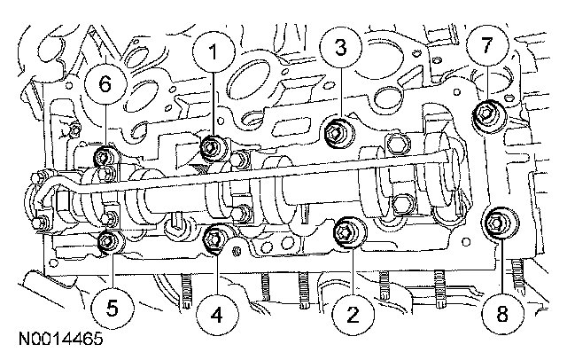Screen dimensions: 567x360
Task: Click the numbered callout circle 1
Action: (214, 51)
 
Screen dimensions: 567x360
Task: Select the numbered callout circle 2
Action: (353, 314)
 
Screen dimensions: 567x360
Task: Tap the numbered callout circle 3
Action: (340, 47)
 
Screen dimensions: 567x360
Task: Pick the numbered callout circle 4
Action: (216, 315)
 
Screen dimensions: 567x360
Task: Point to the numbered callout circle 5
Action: (113, 309)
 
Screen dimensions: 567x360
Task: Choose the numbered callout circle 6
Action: (105, 84)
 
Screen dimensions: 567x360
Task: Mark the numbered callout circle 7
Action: (487, 45)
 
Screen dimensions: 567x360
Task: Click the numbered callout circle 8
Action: (502, 313)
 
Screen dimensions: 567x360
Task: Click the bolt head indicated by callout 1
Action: (210, 147)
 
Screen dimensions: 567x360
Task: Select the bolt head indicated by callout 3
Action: (335, 134)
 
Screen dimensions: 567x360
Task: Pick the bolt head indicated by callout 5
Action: (107, 240)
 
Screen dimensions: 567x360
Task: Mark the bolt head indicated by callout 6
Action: (104, 157)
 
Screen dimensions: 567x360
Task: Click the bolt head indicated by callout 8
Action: (495, 223)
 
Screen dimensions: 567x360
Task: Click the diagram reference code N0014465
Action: (61, 339)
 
